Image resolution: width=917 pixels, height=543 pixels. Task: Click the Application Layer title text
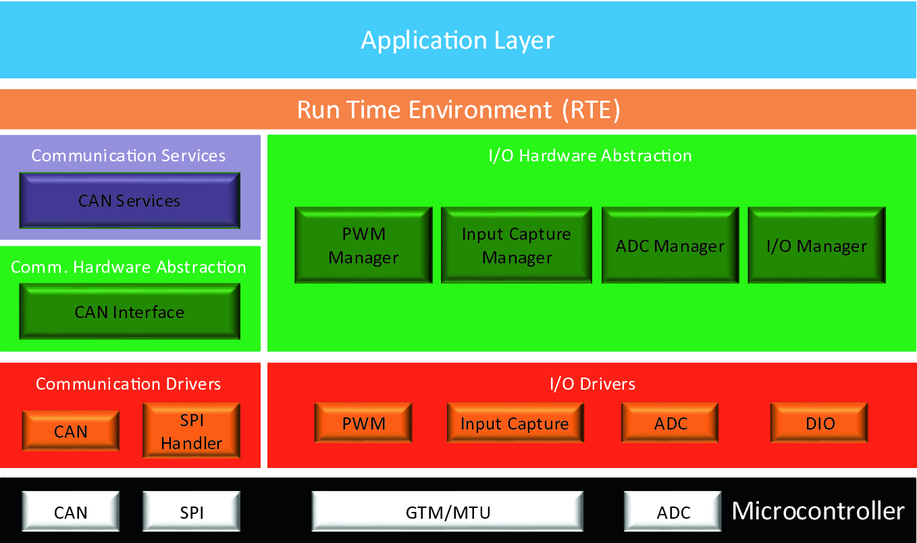[457, 41]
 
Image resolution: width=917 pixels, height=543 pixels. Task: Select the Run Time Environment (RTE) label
[459, 109]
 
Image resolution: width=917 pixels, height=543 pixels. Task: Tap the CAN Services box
[130, 201]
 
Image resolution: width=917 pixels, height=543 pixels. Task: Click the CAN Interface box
[130, 311]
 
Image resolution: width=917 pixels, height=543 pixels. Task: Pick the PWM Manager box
[363, 245]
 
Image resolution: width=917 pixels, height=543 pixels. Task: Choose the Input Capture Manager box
[516, 245]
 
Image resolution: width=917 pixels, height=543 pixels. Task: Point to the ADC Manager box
[670, 245]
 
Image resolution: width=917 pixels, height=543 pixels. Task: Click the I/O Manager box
[816, 245]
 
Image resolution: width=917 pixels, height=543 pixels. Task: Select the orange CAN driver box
[71, 431]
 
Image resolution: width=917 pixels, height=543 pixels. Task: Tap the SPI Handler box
[192, 431]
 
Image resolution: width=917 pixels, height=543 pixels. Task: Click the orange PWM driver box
[363, 423]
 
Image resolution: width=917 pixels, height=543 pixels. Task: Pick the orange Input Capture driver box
[515, 423]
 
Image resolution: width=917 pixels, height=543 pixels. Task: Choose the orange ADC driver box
[670, 423]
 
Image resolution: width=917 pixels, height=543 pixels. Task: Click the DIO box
[819, 423]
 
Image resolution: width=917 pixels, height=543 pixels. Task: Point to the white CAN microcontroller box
[71, 511]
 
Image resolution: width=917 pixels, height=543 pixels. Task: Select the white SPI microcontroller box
[192, 511]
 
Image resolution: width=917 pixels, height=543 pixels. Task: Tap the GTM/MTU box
[448, 511]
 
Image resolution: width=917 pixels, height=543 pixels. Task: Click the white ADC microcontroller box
[673, 511]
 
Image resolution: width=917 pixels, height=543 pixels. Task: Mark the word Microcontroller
[818, 511]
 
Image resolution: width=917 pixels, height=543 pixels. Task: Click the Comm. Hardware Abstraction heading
[128, 267]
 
